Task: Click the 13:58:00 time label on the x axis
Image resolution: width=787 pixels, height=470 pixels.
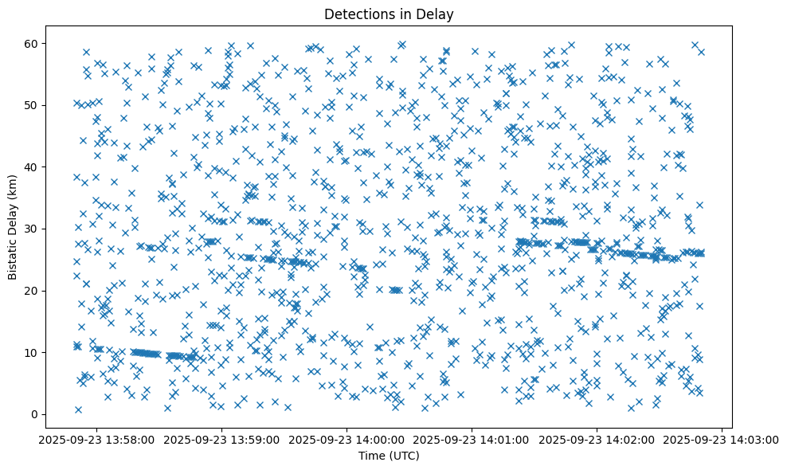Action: click(x=97, y=439)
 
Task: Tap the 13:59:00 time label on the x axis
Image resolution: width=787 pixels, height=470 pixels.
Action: click(x=222, y=439)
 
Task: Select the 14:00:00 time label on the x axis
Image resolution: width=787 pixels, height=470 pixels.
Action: click(x=347, y=439)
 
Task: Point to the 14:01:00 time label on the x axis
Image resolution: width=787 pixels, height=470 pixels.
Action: click(x=472, y=439)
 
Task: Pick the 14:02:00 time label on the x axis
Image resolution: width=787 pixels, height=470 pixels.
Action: click(x=597, y=439)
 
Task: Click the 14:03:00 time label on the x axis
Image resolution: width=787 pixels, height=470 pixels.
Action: click(x=722, y=439)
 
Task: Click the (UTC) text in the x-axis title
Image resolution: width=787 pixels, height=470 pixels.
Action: click(x=407, y=456)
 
